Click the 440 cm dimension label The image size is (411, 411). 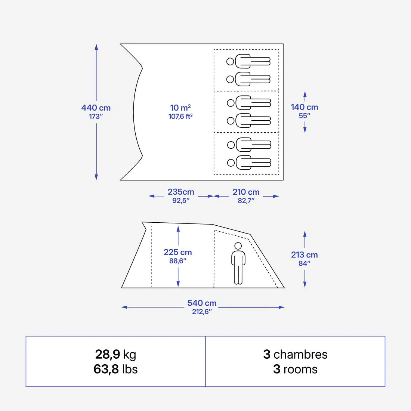point(96,108)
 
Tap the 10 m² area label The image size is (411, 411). point(180,108)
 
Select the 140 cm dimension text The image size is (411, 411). point(304,107)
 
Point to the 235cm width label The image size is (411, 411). point(181,192)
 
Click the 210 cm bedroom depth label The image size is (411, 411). point(246,192)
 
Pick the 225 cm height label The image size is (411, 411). point(178,252)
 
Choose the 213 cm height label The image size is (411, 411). point(304,254)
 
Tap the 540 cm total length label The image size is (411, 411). point(202,303)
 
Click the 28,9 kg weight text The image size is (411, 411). point(115,354)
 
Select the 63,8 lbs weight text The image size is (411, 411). point(115,369)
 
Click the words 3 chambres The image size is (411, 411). point(295,354)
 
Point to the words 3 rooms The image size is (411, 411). point(295,369)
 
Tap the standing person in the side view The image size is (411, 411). point(238,263)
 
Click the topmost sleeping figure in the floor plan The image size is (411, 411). point(248,61)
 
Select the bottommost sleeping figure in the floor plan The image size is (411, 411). point(249,163)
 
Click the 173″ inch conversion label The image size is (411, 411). point(96,116)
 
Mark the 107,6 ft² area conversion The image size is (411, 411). point(180,116)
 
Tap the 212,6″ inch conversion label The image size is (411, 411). point(202,311)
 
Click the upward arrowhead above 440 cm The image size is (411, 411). point(96,47)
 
